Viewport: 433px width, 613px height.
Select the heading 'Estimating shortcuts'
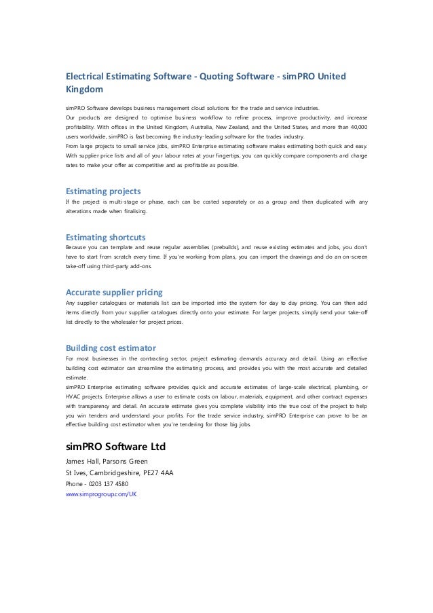[x=105, y=238]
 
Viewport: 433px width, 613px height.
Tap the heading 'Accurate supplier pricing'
[x=113, y=293]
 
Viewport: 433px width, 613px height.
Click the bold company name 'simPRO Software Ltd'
[x=115, y=448]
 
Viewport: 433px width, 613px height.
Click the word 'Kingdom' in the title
[x=83, y=89]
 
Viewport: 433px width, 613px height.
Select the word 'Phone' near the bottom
[x=74, y=484]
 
